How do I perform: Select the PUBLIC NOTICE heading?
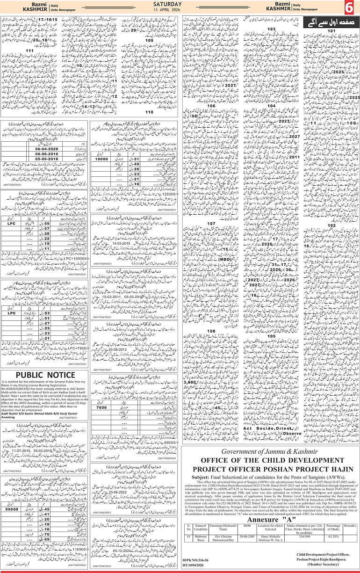(45, 375)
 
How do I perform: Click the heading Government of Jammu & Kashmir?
(267, 451)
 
